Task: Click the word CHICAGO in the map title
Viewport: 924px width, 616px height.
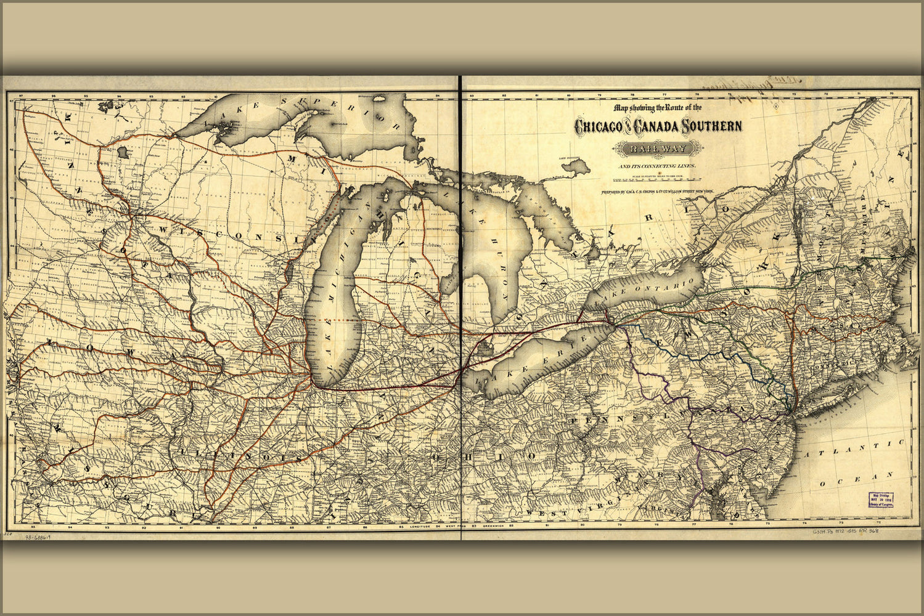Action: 598,127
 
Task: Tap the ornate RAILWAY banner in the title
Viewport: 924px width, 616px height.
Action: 657,148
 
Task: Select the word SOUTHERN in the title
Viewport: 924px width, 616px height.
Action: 713,127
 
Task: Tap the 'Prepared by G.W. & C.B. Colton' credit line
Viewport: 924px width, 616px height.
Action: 657,192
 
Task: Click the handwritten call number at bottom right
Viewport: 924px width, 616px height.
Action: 844,531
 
